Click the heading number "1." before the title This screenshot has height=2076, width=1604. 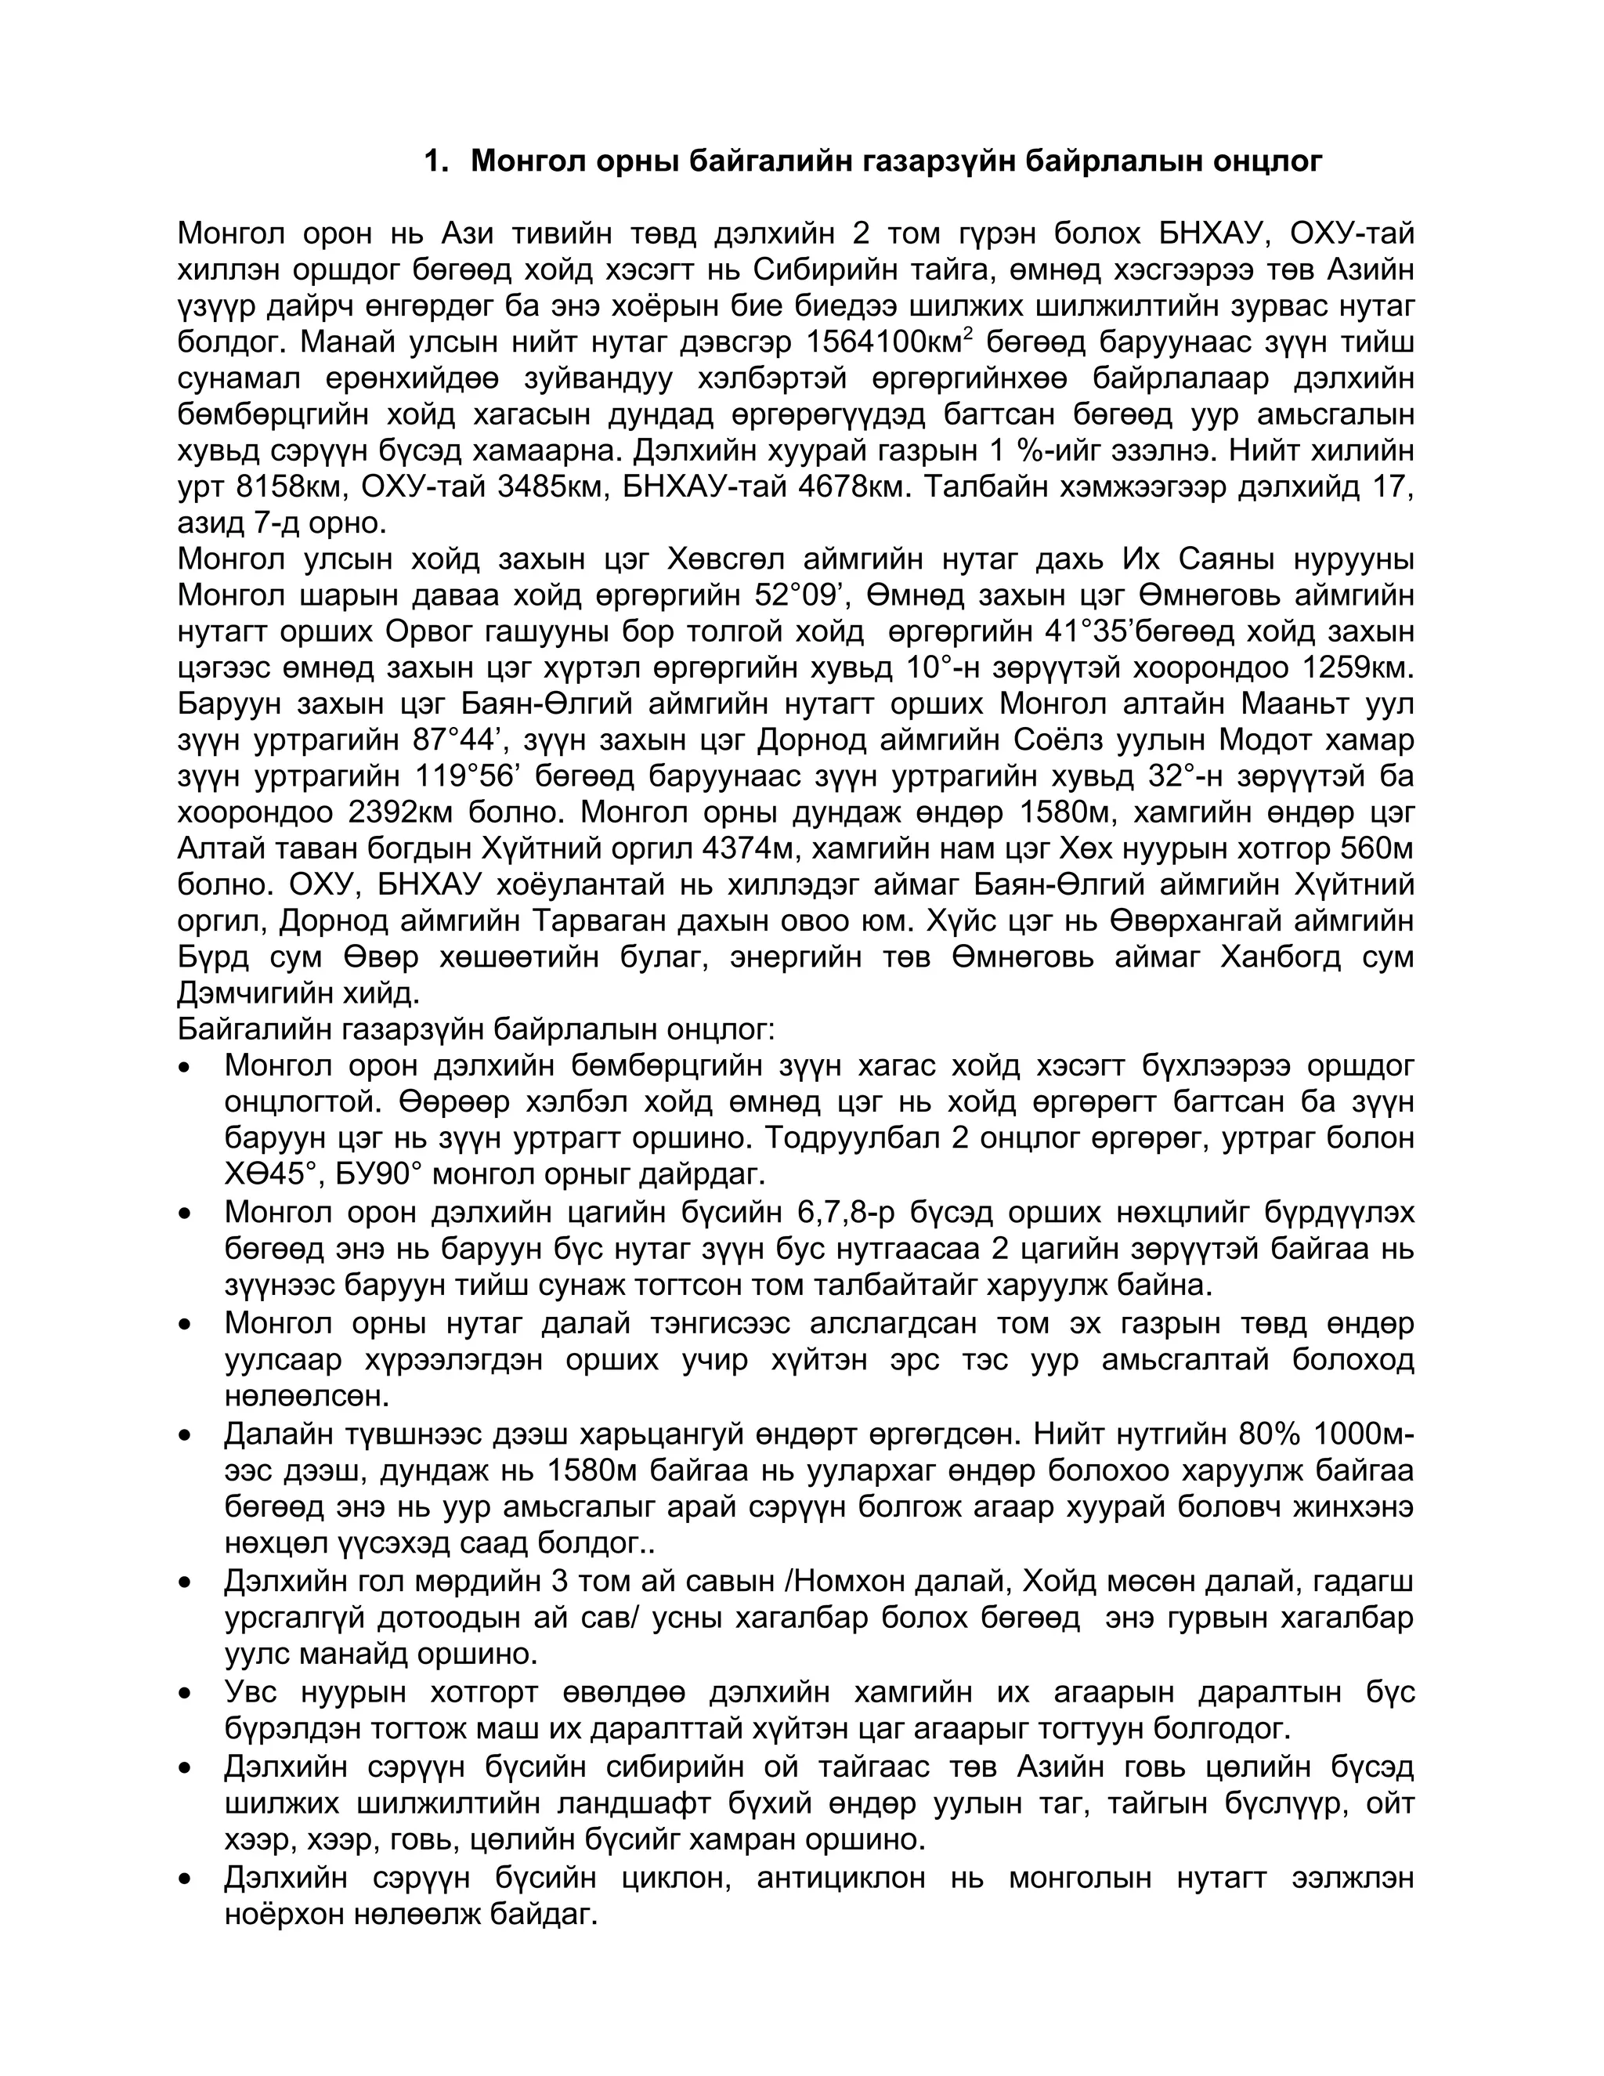click(435, 161)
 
